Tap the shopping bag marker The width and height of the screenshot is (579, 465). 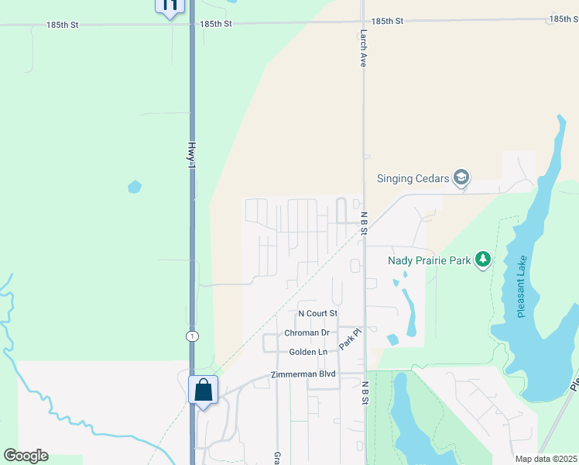(203, 389)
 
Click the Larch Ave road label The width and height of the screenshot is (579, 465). (362, 49)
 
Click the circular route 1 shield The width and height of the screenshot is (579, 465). (191, 336)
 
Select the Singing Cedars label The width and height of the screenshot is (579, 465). (413, 178)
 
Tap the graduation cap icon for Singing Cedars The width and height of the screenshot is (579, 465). (461, 178)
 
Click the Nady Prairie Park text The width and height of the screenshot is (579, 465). (429, 260)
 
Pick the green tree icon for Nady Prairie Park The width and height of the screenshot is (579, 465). (484, 260)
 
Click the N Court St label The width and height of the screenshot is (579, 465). (318, 313)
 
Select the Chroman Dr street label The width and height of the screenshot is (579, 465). (307, 332)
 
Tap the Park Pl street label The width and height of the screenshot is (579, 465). (350, 338)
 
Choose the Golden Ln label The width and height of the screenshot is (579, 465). (308, 352)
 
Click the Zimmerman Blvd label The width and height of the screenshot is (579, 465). (303, 374)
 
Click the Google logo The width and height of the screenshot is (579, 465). (26, 456)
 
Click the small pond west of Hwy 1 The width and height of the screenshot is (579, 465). (135, 187)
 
